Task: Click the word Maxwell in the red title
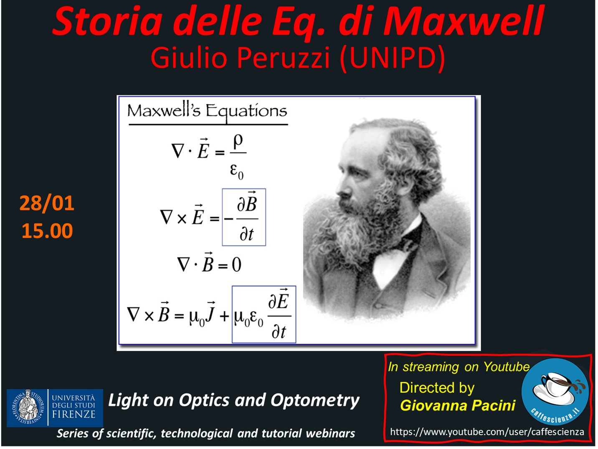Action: (464, 21)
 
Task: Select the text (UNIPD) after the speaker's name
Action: (393, 58)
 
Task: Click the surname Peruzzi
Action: (283, 58)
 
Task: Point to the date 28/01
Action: (47, 203)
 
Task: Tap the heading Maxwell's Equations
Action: (207, 112)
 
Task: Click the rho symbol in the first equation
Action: (238, 142)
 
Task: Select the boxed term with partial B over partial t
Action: (244, 217)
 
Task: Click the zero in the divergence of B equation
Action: (236, 264)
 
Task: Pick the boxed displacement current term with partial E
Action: (264, 314)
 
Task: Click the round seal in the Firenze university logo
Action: (27, 408)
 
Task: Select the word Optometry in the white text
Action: (315, 401)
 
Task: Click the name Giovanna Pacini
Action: (458, 406)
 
